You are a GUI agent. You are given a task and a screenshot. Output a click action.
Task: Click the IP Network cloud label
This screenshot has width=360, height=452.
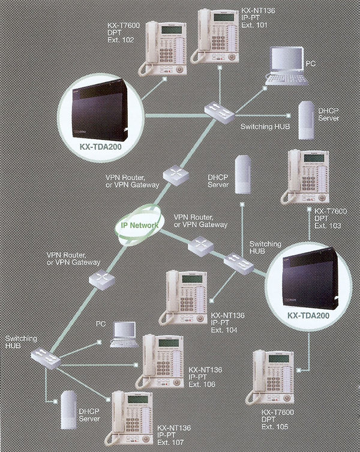(140, 225)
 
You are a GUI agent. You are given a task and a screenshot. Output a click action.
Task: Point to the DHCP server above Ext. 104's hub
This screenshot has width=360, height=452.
(242, 174)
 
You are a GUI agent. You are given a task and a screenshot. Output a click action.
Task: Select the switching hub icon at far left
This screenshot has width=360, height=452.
(47, 358)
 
